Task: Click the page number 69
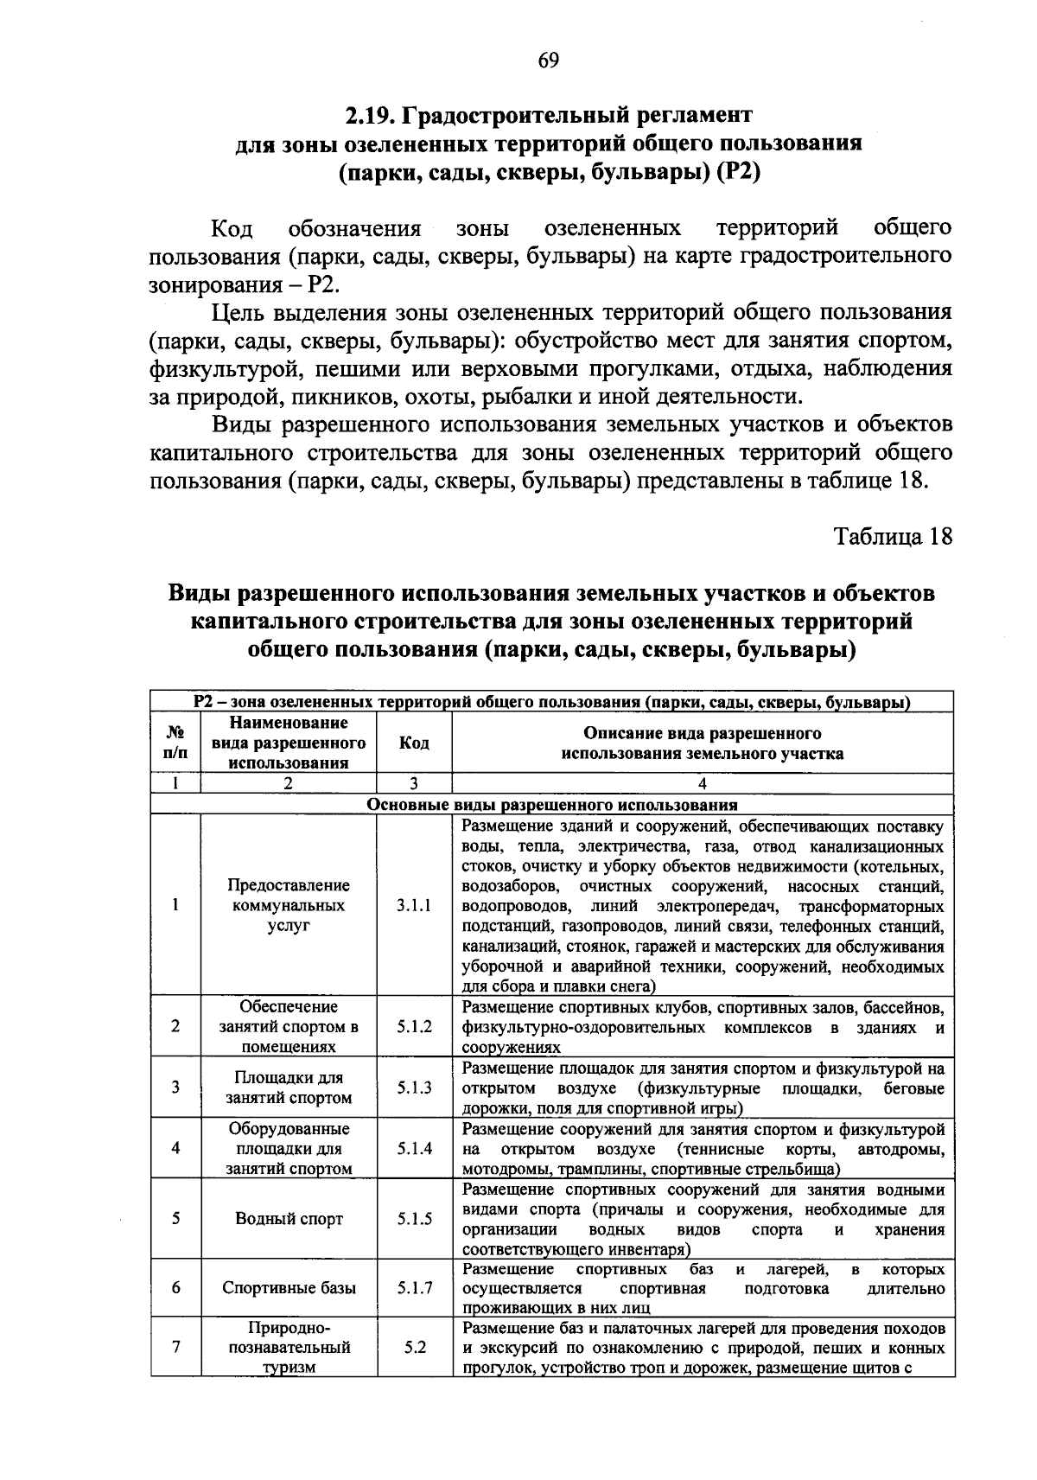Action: (547, 61)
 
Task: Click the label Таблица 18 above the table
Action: (893, 536)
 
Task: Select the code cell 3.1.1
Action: (414, 906)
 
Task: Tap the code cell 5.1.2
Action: (414, 1027)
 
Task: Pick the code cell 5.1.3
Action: (414, 1088)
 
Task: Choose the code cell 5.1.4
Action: (414, 1149)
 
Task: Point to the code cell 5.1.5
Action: (414, 1219)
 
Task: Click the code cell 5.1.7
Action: (414, 1288)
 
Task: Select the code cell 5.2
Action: (414, 1347)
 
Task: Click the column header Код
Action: (414, 743)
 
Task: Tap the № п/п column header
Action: (175, 743)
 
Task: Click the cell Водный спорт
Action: (289, 1219)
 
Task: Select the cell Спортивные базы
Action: (289, 1288)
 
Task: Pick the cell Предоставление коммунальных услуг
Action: (289, 906)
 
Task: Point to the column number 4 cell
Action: (702, 784)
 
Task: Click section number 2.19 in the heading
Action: (372, 115)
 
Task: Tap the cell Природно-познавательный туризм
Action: (289, 1347)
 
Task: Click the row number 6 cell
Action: (175, 1288)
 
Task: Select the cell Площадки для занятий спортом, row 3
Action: (289, 1088)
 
